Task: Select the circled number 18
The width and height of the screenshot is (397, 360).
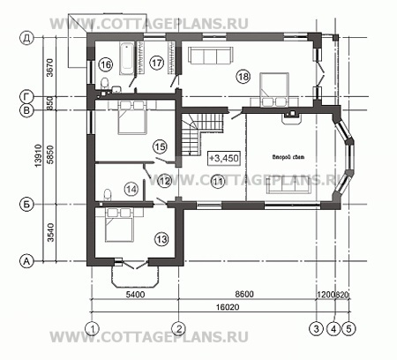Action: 243,78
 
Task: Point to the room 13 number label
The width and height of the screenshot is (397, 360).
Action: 161,238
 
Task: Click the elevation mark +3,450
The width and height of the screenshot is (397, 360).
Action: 224,159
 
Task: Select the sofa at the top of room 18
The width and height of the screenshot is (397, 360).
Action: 212,57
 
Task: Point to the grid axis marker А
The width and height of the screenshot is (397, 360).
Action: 27,261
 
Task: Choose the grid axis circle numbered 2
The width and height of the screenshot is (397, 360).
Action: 179,328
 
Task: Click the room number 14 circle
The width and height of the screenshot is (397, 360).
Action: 131,188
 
